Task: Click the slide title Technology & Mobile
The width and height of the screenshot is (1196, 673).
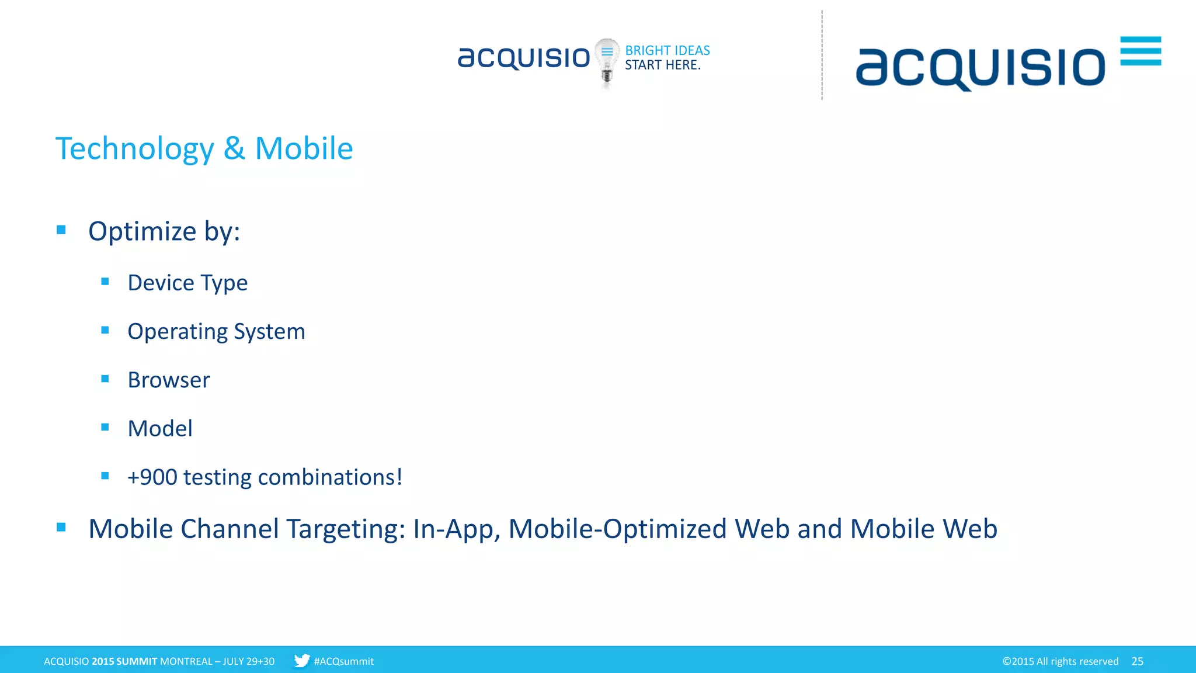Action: pos(204,148)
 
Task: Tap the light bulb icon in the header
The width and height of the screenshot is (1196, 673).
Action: pos(607,62)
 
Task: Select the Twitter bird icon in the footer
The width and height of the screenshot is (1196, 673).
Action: pos(302,661)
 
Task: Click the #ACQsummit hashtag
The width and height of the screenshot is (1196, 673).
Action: pos(343,661)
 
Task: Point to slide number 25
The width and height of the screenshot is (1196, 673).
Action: pos(1137,661)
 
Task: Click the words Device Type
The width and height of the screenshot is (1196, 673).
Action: pos(187,283)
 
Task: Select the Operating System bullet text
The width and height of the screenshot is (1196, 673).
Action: pos(216,331)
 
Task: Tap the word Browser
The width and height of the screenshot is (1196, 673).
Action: pos(169,380)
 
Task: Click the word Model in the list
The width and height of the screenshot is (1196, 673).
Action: pos(160,428)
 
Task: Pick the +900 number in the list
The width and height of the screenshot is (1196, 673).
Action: pos(152,477)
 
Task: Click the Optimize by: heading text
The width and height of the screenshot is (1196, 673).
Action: pos(164,231)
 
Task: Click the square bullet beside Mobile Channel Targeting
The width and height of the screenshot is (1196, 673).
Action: pos(61,528)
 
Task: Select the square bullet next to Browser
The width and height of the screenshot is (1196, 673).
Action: pos(105,379)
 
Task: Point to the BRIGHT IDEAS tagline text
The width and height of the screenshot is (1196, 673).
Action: pos(667,50)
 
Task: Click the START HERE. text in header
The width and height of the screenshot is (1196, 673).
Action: pos(662,65)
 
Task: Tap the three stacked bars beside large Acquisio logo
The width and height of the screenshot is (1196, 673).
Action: pos(1141,51)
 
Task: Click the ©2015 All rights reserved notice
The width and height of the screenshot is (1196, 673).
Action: pos(1060,661)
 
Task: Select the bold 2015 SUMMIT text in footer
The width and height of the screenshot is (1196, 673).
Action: pos(124,661)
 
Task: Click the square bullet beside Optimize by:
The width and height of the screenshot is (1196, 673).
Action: pos(61,230)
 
